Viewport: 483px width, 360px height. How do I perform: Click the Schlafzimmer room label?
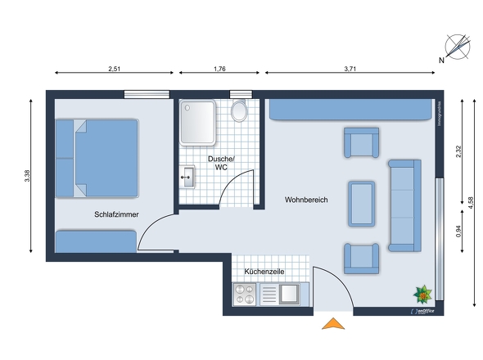115,214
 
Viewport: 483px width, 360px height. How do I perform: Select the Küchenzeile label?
264,270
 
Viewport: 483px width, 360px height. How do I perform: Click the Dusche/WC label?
221,162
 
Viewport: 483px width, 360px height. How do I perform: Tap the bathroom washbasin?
189,176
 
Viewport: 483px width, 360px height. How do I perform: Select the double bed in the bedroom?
97,158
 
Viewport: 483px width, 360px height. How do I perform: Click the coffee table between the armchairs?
362,203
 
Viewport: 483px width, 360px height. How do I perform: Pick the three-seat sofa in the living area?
404,205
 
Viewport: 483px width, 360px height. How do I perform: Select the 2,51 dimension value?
114,70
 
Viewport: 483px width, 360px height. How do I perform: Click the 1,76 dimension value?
219,70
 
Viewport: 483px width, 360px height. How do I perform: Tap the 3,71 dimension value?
349,70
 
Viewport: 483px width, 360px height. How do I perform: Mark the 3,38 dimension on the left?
28,175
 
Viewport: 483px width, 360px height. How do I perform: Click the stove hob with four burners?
245,294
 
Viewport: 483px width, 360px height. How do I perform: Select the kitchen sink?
290,293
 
